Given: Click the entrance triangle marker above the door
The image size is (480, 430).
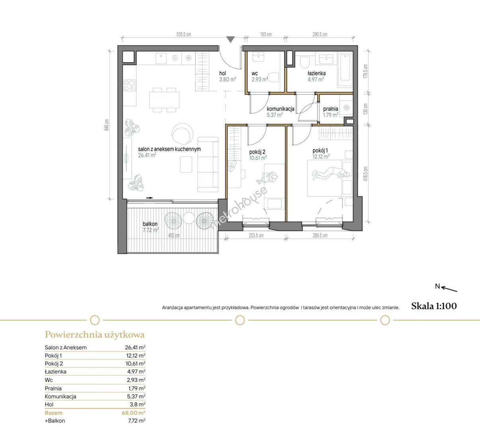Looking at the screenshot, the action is click(230, 39).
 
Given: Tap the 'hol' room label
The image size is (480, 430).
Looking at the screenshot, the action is click(222, 73).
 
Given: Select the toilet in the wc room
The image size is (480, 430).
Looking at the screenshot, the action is click(274, 77).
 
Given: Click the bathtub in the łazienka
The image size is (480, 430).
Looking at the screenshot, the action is click(345, 70).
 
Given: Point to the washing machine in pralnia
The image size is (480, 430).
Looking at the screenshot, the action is click(346, 107).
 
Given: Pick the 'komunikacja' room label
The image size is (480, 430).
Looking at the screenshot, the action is click(281, 109).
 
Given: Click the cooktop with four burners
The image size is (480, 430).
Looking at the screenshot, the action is click(130, 85).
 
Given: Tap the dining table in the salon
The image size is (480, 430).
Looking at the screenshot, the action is click(164, 100).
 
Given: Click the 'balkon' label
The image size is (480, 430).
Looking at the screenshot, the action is click(150, 224).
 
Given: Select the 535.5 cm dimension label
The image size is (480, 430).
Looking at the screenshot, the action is click(183, 35).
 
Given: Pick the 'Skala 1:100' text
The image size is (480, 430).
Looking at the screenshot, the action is click(434, 306).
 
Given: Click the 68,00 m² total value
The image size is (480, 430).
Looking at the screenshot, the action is click(133, 413).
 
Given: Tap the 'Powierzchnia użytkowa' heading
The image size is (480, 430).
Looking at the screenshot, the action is click(95, 335).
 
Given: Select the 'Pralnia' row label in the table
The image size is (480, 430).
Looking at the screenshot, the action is click(53, 388).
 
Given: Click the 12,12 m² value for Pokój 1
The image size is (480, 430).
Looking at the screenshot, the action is click(135, 355).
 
